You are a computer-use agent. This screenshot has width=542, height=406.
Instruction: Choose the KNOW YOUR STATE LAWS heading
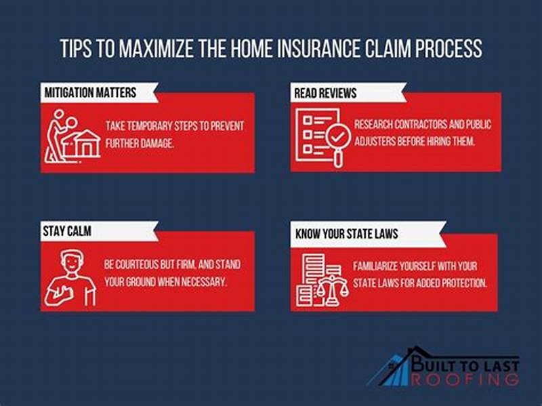coord(346,235)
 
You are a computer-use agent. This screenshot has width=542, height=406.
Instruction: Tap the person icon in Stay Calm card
coord(70,278)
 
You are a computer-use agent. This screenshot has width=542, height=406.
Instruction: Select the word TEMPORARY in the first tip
coord(162,127)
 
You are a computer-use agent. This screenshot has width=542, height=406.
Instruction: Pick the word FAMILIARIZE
coord(383,266)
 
